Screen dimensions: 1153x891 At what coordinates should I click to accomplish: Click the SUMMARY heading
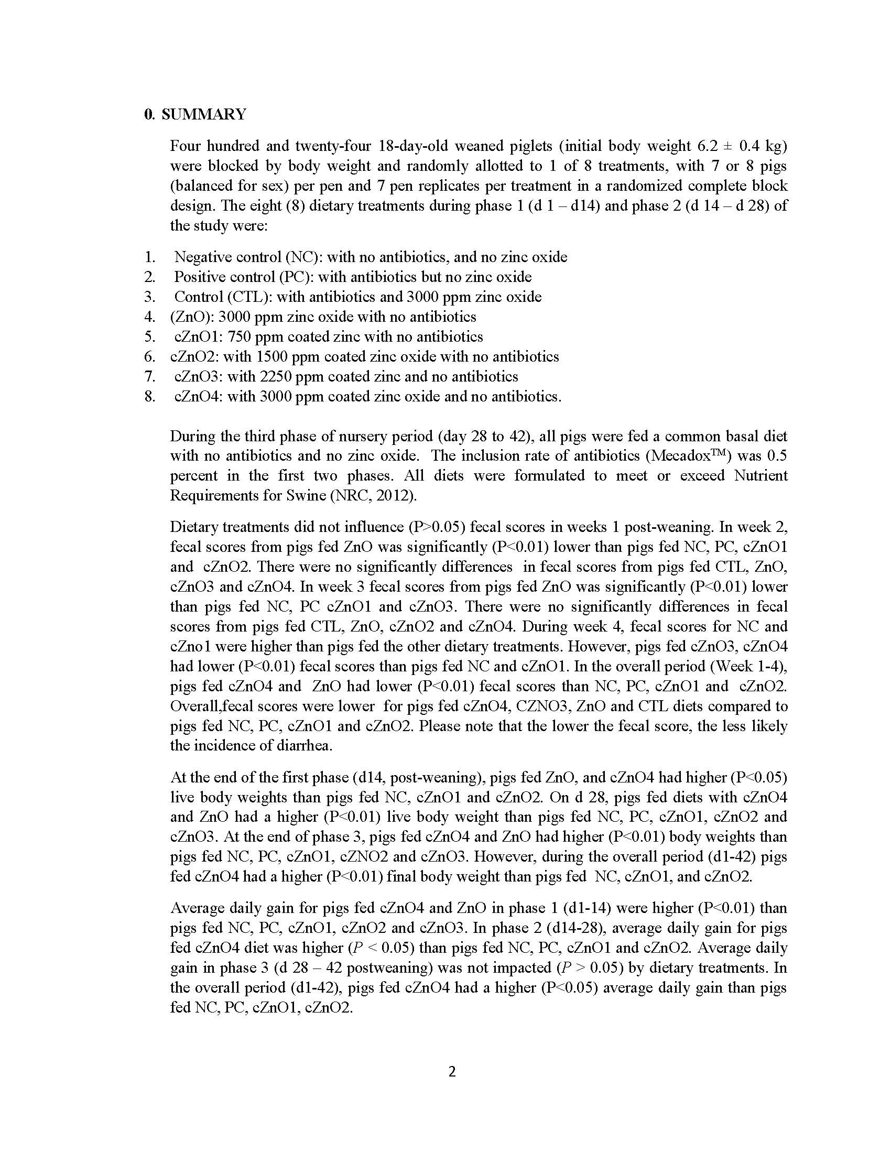pyautogui.click(x=203, y=115)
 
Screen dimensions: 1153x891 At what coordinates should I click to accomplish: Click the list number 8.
pyautogui.click(x=149, y=397)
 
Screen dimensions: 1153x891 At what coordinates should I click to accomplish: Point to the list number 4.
pyautogui.click(x=149, y=317)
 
